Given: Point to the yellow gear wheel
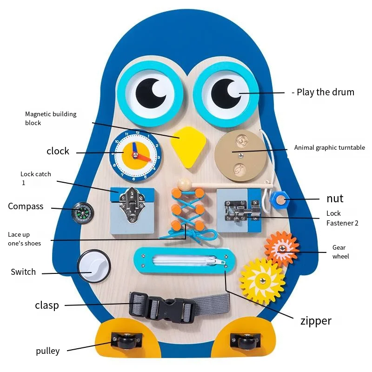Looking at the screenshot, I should [x=262, y=280].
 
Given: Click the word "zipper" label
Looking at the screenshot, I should [x=316, y=320].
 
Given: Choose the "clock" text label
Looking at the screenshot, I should [x=58, y=151].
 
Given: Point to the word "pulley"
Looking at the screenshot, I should [x=48, y=351].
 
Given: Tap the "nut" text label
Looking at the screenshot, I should [x=335, y=199].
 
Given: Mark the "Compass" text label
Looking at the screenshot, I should [x=26, y=206].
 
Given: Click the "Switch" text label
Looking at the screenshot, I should [x=23, y=272].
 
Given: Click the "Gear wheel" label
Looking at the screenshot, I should [x=340, y=252].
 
